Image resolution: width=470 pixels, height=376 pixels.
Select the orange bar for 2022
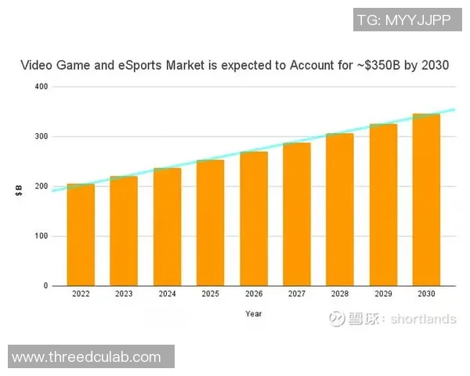81,235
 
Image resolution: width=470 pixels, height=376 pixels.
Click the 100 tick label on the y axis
42,236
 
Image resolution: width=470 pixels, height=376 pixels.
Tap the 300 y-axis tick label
42,136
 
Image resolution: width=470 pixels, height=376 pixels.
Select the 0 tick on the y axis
46,286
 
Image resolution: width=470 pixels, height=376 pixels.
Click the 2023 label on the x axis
124,295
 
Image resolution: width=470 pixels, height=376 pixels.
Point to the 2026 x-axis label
253,295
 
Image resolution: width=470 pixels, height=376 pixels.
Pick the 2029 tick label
383,295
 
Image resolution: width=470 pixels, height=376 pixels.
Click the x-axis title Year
253,313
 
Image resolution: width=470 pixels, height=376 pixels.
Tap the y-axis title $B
19,190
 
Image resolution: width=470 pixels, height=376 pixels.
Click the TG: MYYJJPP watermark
403,20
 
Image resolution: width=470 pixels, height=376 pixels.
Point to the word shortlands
423,319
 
